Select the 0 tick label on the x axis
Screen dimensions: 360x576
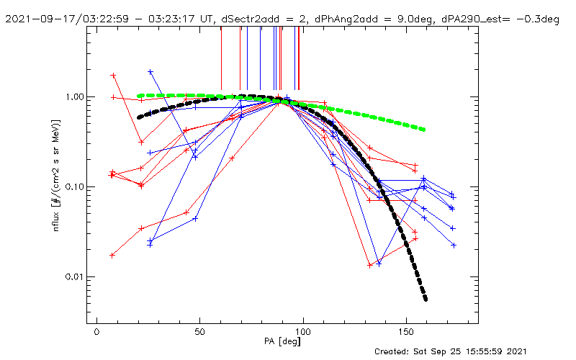click(96, 333)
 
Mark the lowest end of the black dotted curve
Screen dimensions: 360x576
click(426, 299)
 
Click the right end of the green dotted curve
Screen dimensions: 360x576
click(423, 130)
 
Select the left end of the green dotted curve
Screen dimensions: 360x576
click(140, 96)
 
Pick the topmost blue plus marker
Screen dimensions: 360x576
click(150, 72)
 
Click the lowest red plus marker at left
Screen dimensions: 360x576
click(112, 255)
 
